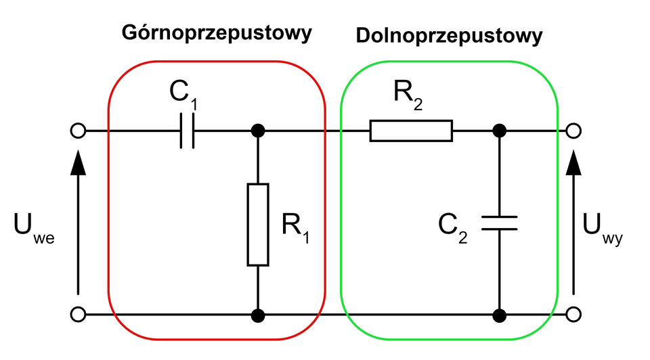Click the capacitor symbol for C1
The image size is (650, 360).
[187, 131]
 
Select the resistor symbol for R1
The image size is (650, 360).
[258, 224]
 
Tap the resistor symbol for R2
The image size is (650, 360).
[410, 131]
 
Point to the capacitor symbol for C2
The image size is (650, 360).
[500, 223]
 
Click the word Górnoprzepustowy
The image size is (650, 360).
[217, 33]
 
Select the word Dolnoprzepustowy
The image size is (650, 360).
[449, 36]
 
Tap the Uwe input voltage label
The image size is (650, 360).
[33, 228]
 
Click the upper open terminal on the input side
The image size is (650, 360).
[78, 131]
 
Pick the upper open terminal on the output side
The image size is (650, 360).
[574, 131]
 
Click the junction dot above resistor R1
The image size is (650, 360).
[258, 131]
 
